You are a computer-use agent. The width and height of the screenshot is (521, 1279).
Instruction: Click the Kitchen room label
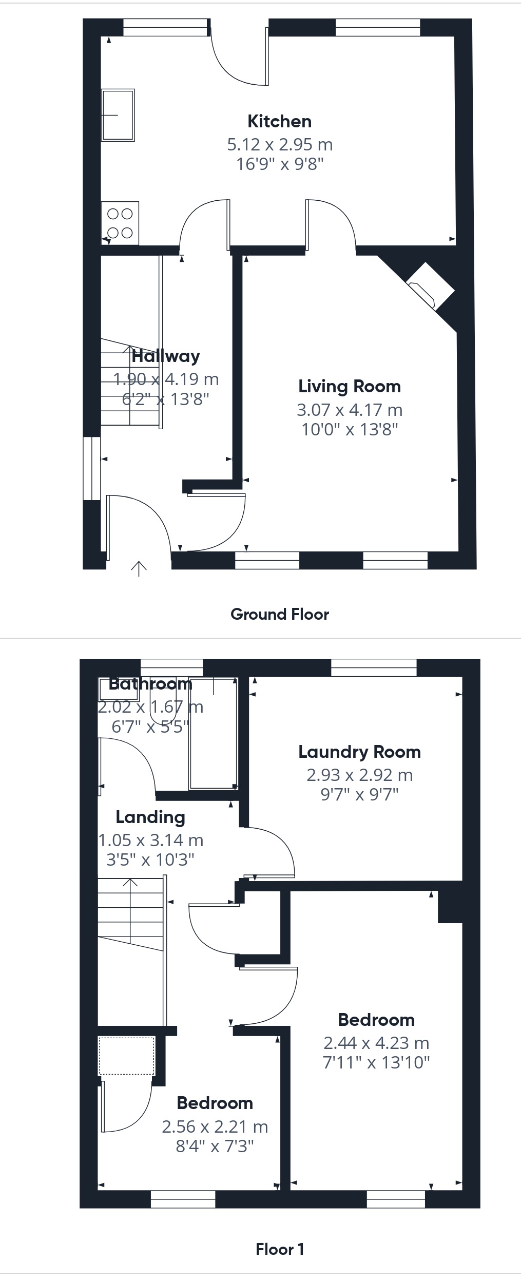[279, 121]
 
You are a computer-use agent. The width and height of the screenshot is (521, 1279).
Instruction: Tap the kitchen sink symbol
[118, 115]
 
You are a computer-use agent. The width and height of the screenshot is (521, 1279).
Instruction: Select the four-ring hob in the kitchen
[120, 223]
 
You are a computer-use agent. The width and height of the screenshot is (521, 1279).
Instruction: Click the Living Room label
[349, 386]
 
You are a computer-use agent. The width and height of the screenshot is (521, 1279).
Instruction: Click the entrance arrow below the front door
[139, 568]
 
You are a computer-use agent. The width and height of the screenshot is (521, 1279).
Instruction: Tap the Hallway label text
[165, 356]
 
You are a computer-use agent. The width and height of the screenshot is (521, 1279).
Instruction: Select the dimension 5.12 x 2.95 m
[280, 144]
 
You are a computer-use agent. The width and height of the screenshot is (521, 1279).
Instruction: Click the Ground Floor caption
[279, 614]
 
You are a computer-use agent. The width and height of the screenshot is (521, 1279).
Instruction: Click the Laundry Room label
[359, 752]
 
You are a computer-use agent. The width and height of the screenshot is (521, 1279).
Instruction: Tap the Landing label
[150, 817]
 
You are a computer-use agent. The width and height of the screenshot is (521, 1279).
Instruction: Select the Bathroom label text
[150, 683]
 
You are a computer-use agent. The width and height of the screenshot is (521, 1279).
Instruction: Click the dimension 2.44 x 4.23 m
[376, 1043]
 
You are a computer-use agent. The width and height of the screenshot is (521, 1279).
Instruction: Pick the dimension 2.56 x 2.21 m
[215, 1127]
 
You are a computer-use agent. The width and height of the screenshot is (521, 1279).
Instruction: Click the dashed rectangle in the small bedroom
[126, 1056]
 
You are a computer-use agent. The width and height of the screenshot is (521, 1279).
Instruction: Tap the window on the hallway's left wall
[92, 468]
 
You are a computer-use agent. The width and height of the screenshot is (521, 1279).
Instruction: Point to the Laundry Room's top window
[374, 667]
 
